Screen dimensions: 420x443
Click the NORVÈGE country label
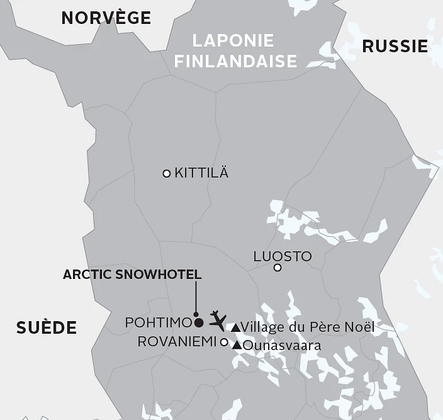tap(106, 18)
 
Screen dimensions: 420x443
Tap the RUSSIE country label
tap(395, 46)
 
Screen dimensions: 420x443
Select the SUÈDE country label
tap(47, 327)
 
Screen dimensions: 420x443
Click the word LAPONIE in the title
tap(233, 41)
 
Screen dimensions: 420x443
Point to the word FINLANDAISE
tap(235, 61)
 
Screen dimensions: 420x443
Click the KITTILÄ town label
tap(201, 173)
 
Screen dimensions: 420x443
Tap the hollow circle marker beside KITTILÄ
tap(167, 173)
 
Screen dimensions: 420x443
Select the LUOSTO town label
tap(282, 256)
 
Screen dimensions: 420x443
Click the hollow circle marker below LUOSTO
tap(278, 268)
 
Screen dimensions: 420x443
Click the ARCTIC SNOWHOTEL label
tap(132, 275)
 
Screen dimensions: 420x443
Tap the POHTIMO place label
tap(158, 322)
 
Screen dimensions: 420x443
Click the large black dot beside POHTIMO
tap(199, 323)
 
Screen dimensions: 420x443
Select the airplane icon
tap(217, 319)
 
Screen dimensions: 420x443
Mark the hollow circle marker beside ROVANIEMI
tap(223, 342)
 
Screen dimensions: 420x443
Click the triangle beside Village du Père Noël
tap(235, 327)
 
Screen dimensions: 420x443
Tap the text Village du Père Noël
tap(308, 327)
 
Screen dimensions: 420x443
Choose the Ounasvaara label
tap(282, 345)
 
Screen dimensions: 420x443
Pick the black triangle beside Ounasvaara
tap(237, 345)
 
